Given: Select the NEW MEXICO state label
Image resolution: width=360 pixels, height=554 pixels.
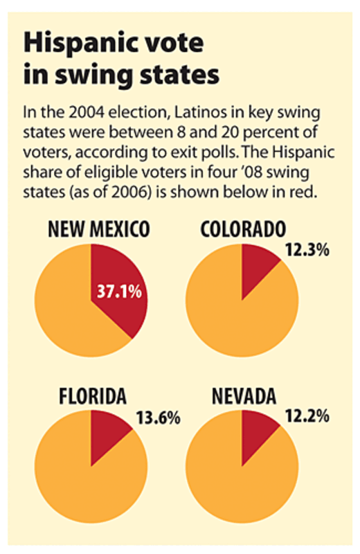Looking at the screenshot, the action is [x=99, y=229].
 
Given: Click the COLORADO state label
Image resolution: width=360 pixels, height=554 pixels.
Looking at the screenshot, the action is [x=243, y=229].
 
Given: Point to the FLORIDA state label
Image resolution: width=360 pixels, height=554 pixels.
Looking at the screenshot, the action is [x=93, y=396].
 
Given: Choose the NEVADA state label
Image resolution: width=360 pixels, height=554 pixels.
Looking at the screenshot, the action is [x=244, y=396].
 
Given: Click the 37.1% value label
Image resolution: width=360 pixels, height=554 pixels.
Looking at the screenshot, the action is [x=119, y=292].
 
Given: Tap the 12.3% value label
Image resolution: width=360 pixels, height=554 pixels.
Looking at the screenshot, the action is [x=307, y=250].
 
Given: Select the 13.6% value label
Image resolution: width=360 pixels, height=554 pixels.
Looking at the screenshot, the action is [x=159, y=418].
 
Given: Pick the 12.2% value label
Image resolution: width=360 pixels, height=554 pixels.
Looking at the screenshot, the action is [x=307, y=417].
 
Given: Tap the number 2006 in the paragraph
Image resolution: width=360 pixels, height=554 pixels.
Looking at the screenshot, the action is [x=129, y=193].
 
